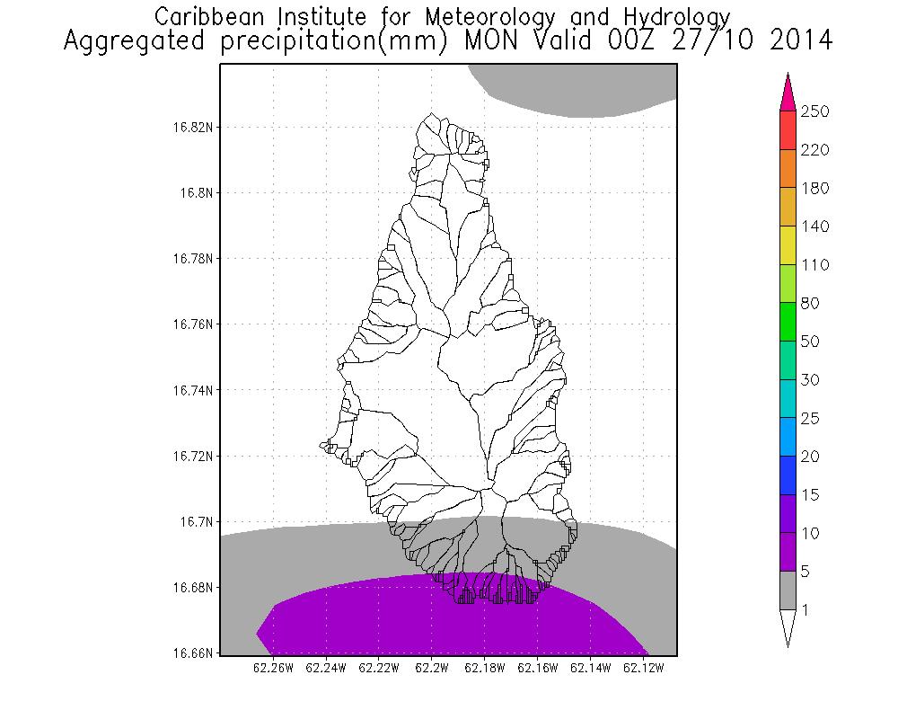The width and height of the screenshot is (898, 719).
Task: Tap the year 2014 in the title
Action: click(793, 41)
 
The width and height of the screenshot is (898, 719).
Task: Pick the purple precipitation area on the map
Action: click(449, 620)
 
